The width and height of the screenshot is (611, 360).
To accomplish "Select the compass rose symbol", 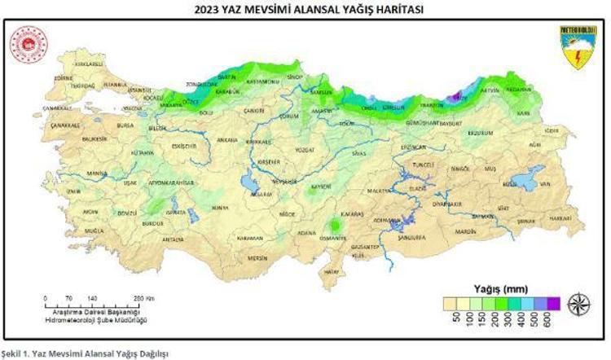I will coord(579,303).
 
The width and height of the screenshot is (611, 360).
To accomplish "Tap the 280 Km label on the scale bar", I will coord(143,299).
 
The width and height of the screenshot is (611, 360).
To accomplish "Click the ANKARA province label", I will coord(227,139).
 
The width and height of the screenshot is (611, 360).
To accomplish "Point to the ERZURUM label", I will coord(480,132).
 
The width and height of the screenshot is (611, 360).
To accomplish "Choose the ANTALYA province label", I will coord(173,240).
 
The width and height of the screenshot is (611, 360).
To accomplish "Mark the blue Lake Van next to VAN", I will coord(518,184).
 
